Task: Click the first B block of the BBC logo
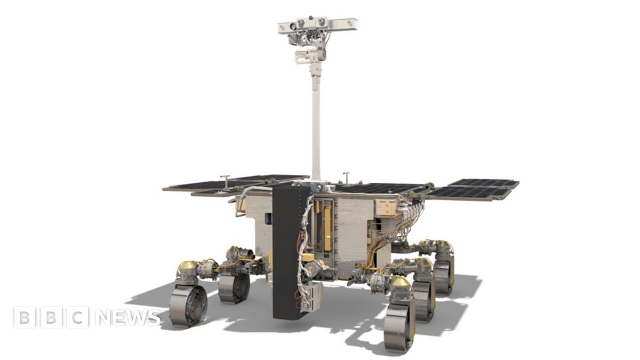point(25,317)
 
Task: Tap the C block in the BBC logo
point(78,317)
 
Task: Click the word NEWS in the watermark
point(127,317)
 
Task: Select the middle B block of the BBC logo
point(51,317)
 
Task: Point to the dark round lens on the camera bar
point(293,26)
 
